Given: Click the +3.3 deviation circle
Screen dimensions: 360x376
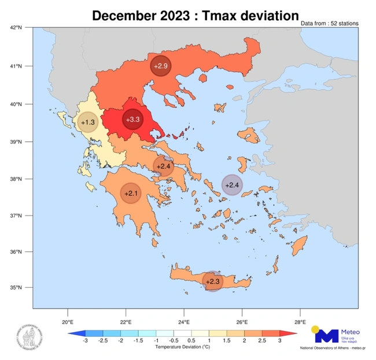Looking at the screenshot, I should coord(132,120).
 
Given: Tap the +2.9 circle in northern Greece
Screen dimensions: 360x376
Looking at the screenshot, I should coord(161,66).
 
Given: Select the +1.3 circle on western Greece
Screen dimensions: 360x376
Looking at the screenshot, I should coord(88,123).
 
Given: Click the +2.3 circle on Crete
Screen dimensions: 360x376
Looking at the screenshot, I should coord(213,281).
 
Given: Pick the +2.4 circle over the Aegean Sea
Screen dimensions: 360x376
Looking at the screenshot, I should coord(232,185).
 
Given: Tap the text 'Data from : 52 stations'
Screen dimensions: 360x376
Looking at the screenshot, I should coord(330,24).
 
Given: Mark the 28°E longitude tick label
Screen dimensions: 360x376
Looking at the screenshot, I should coord(300,322).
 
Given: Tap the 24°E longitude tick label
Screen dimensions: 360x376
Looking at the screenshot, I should coord(183,322).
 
